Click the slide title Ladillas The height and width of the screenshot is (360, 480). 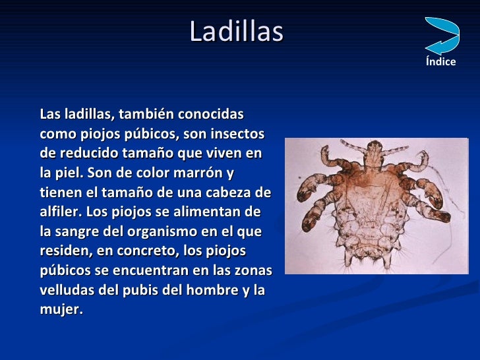point(236,32)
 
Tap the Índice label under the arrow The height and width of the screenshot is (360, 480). point(440,62)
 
